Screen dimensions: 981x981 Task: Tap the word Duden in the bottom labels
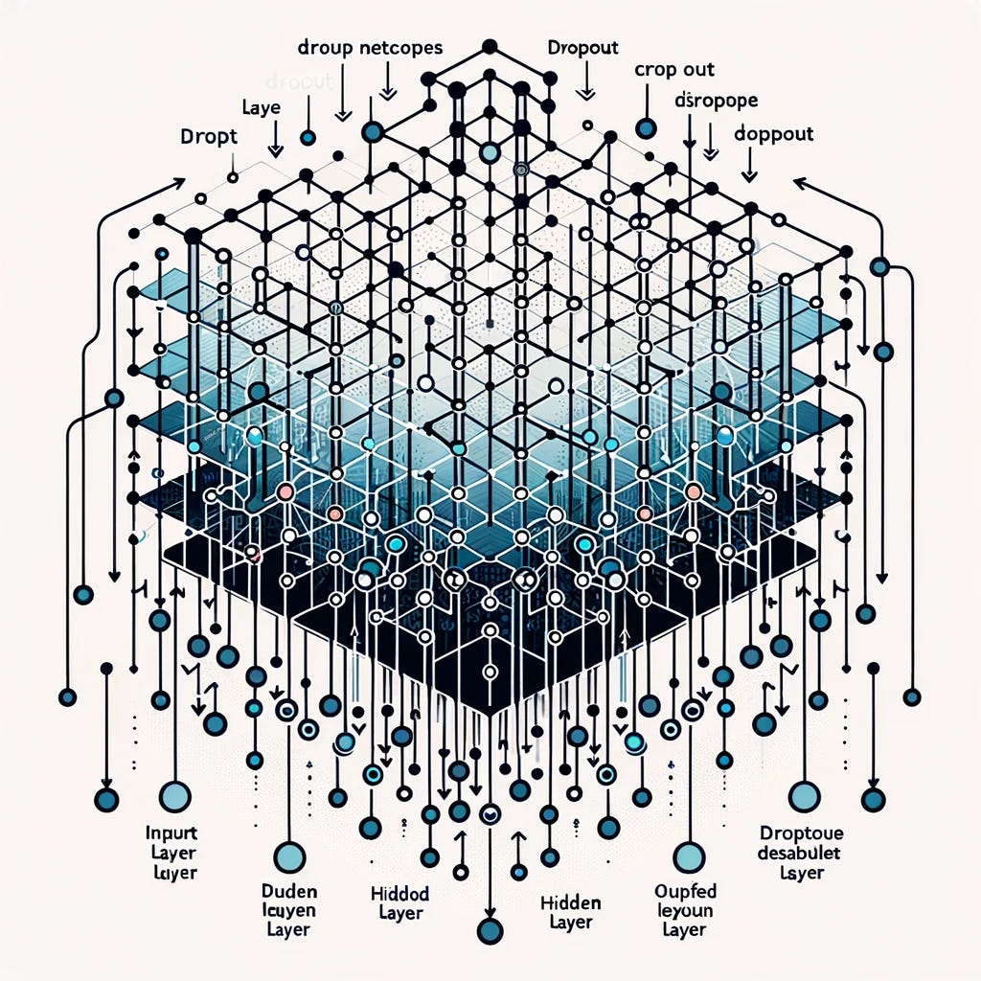coord(289,892)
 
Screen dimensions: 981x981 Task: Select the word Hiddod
coord(399,894)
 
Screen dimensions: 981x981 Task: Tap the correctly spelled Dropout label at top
coord(582,47)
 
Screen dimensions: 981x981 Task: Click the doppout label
coord(775,134)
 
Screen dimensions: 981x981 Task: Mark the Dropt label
coord(207,136)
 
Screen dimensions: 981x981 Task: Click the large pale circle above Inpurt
coord(173,796)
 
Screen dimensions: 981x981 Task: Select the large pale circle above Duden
coord(288,856)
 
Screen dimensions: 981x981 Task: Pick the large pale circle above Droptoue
coord(803,794)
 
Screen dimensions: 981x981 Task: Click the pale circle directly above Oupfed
coord(689,856)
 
